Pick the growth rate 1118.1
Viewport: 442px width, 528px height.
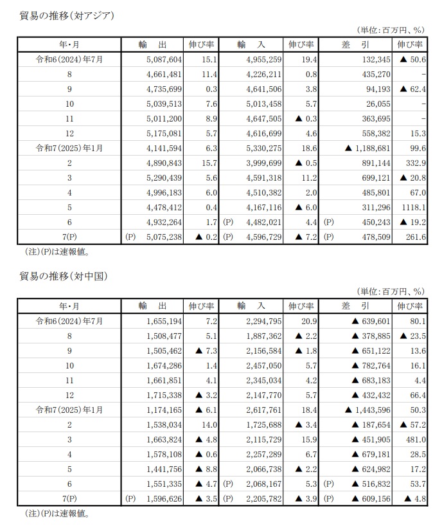(411, 206)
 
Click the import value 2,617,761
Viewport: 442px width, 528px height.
(260, 409)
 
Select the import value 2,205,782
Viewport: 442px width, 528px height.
(260, 497)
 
